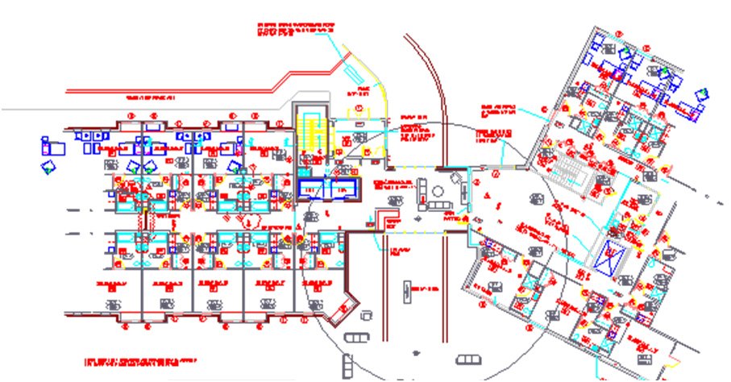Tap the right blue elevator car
click(x=342, y=188)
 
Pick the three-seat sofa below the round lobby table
click(x=439, y=207)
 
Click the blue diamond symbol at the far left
click(x=48, y=168)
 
